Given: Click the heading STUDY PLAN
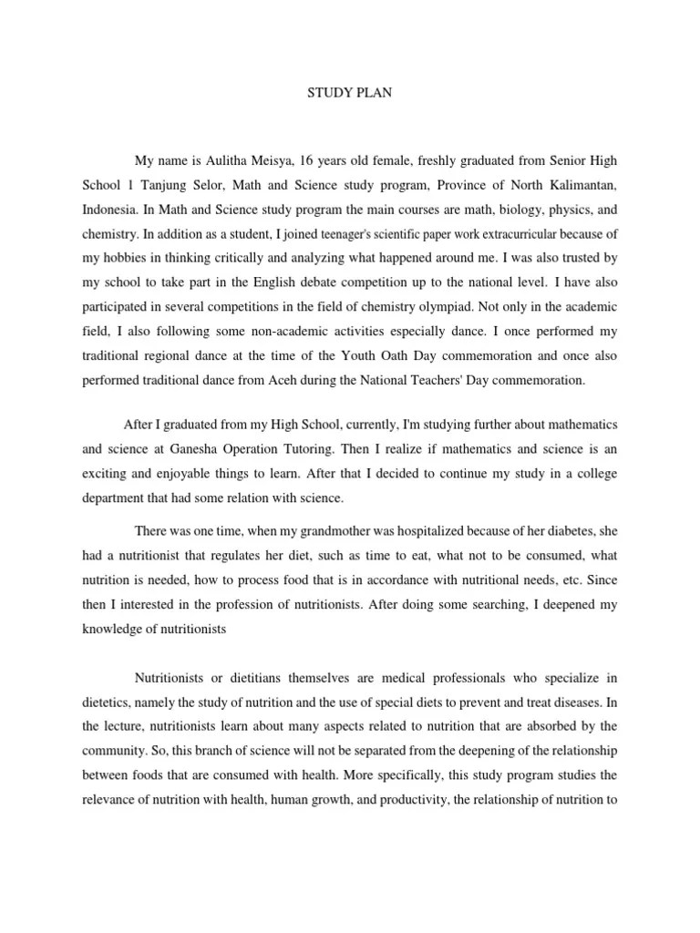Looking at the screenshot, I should pos(349,93).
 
